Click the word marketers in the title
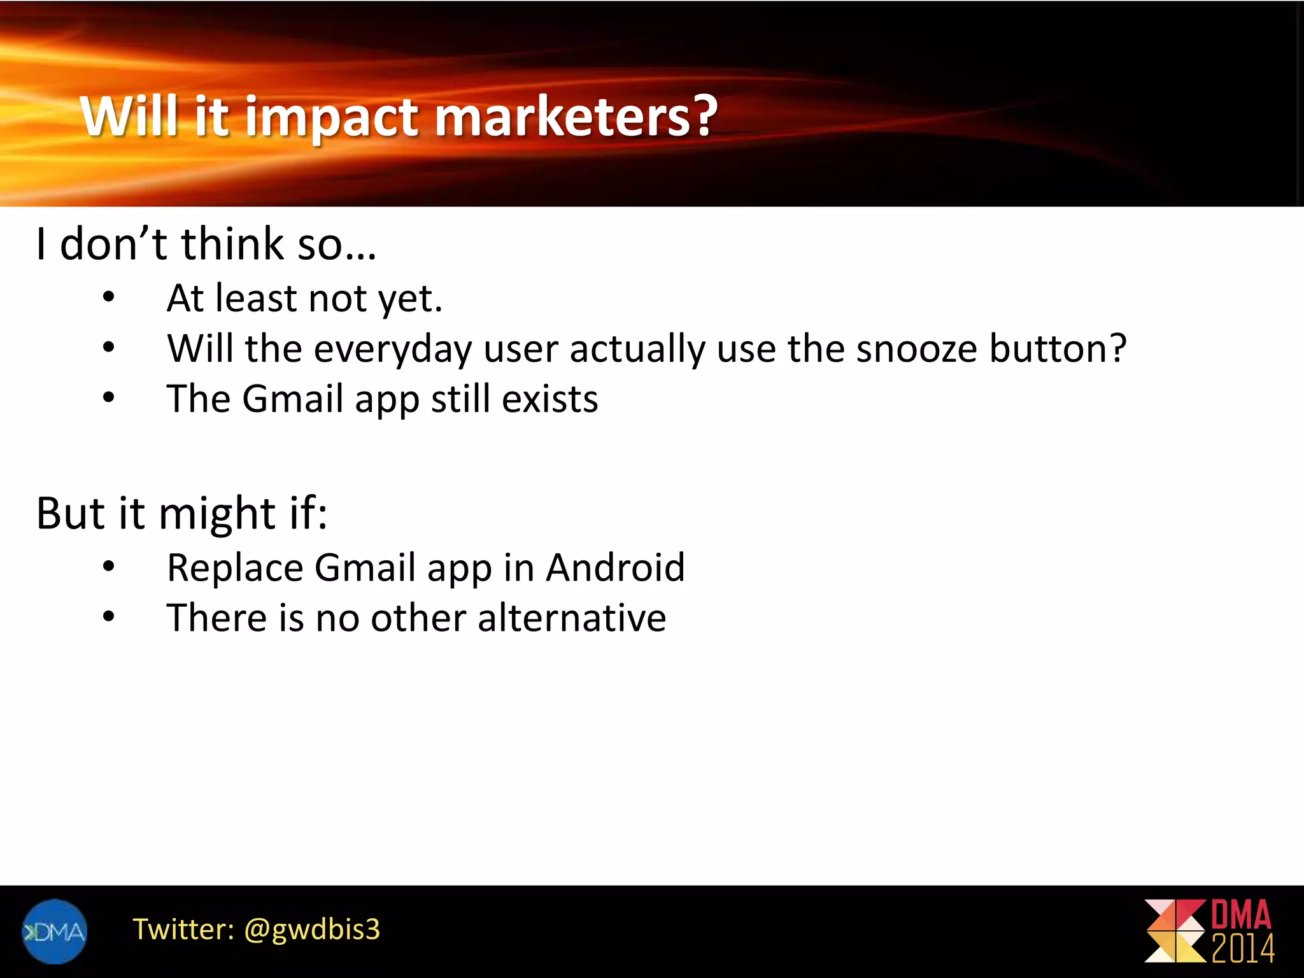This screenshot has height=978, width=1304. (576, 117)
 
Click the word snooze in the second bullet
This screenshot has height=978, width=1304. (916, 349)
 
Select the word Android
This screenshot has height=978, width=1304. (615, 567)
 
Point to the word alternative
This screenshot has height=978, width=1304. (572, 618)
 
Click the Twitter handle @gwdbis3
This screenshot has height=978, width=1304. (312, 930)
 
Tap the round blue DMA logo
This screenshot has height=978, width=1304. (55, 932)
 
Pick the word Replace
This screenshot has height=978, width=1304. (235, 569)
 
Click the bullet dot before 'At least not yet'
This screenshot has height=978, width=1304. (109, 297)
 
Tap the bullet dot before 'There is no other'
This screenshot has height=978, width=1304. (109, 616)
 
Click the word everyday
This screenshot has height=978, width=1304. (392, 350)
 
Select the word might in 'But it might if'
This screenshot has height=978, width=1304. (217, 513)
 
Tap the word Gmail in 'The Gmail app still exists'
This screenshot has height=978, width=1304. (293, 399)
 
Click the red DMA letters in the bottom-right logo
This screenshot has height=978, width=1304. (1241, 914)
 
